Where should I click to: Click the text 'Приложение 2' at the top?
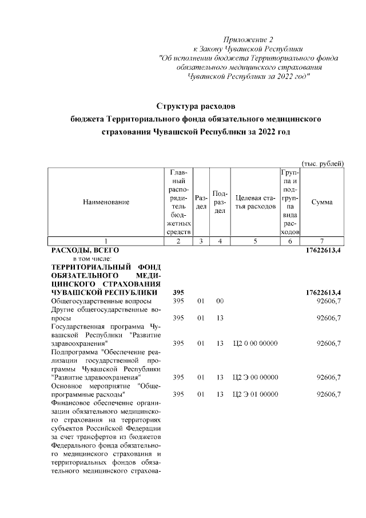pyautogui.click(x=248, y=39)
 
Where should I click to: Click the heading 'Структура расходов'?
pyautogui.click(x=196, y=106)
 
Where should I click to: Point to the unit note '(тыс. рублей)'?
pyautogui.click(x=322, y=163)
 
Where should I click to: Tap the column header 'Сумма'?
pyautogui.click(x=322, y=202)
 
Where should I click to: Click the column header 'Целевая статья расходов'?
pyautogui.click(x=255, y=202)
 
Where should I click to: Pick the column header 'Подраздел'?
pyautogui.click(x=220, y=202)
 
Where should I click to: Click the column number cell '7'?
pyautogui.click(x=322, y=241)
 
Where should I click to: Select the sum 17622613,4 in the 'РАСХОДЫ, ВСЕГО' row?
pyautogui.click(x=321, y=250)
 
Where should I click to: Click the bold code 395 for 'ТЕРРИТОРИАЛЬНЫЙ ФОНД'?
pyautogui.click(x=178, y=293)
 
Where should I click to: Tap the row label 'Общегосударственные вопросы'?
pyautogui.click(x=101, y=301)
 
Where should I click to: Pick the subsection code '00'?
pyautogui.click(x=219, y=301)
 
